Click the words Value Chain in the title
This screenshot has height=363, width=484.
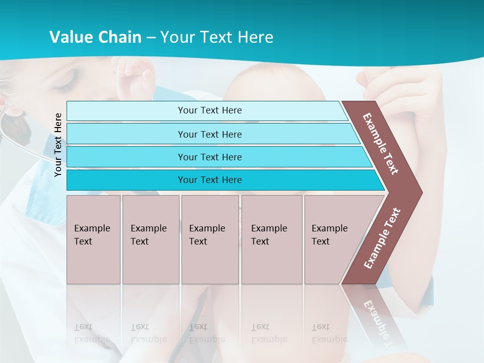(95, 37)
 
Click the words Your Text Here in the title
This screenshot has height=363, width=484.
(217, 37)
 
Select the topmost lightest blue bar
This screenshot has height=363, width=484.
(209, 110)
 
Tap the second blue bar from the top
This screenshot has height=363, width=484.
(209, 134)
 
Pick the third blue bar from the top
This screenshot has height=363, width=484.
(209, 157)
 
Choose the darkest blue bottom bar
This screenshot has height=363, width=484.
(209, 180)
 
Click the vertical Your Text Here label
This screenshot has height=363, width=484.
(58, 145)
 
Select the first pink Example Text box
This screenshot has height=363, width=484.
(93, 239)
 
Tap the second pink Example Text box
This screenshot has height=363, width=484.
(150, 239)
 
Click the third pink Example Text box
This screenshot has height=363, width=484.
(209, 239)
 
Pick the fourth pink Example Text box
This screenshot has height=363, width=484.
(271, 239)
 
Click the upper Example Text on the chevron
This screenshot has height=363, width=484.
(381, 144)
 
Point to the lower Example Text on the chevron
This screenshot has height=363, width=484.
(382, 238)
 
